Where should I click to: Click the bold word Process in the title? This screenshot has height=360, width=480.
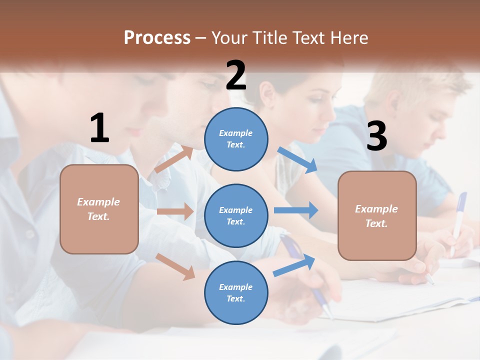point(157,37)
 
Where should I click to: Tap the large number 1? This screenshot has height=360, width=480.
point(99,128)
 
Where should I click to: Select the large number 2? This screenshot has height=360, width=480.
point(236,75)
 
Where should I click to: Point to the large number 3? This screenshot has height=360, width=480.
point(376,136)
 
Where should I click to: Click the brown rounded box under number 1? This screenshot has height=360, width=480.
point(99,209)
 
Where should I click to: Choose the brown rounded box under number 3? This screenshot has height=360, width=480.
point(377,215)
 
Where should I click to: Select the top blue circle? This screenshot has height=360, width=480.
point(236,139)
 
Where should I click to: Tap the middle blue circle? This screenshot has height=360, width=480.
point(236,215)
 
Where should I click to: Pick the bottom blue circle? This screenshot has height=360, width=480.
point(236,292)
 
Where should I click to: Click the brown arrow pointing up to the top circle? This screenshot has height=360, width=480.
point(173,159)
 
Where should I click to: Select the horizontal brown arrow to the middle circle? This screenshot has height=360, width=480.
point(175,211)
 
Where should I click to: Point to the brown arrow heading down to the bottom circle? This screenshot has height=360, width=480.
point(175,266)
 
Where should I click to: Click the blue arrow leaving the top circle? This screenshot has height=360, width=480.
point(297,159)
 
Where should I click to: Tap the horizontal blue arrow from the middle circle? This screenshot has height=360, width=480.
point(295,210)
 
